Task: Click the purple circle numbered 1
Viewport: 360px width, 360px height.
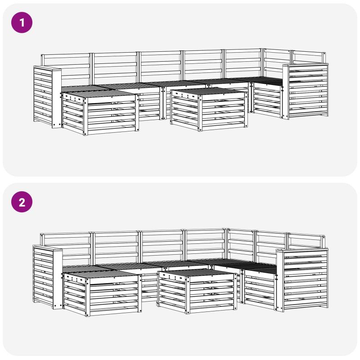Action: point(22,22)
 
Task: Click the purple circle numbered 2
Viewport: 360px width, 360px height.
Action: point(22,202)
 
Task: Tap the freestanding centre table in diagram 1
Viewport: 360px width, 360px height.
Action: point(209,108)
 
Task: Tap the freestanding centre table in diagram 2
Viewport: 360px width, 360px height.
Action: point(197,291)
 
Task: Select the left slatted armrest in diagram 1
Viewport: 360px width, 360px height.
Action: point(48,96)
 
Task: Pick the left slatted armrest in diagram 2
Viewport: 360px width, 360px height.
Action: point(48,277)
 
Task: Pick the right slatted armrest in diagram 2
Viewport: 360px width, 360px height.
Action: point(302,279)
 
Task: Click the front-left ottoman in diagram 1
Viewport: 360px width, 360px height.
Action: point(100,112)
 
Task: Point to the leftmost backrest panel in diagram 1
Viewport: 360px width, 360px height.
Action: point(66,69)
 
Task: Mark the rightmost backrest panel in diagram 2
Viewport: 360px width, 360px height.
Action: point(306,241)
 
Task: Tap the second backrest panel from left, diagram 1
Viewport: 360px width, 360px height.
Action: point(115,68)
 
